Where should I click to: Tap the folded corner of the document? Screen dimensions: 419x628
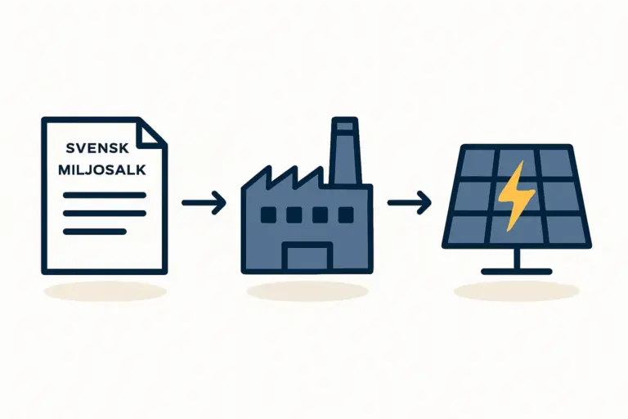[152, 133]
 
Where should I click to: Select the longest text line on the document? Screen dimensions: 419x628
[105, 195]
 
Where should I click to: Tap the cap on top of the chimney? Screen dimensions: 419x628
[344, 125]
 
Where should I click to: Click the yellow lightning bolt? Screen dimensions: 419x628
[515, 196]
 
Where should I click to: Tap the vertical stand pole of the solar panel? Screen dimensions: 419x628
[517, 258]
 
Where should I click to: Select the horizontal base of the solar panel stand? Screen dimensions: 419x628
[517, 272]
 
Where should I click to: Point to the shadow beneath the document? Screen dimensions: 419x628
[105, 291]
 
